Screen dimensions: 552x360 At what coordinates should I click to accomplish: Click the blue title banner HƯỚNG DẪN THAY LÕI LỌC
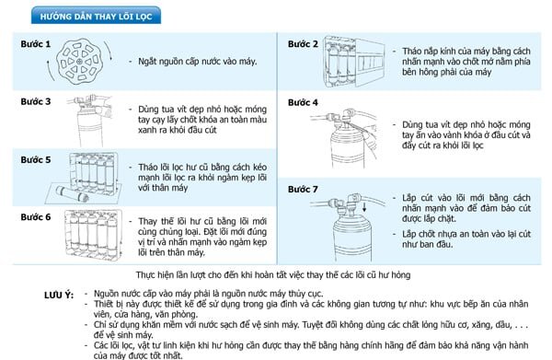96,16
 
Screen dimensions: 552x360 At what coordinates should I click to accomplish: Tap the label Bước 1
36,44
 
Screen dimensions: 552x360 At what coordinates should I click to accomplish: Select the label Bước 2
303,44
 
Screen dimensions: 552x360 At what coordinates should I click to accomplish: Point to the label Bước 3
36,101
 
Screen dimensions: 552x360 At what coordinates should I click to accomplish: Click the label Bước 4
303,102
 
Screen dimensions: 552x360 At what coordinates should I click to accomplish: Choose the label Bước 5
36,159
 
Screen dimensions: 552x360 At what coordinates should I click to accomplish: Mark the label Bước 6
36,217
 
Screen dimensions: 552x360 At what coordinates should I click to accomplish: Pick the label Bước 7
303,189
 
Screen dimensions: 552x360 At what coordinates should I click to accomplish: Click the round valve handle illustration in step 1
79,62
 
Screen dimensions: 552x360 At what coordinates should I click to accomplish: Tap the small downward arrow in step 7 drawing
364,206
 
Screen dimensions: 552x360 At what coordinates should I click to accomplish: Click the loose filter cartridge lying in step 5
72,193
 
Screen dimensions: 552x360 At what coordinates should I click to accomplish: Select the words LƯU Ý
59,295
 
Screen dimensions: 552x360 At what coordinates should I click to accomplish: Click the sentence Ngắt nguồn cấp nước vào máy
197,62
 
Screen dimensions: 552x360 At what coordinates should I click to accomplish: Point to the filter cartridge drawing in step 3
91,121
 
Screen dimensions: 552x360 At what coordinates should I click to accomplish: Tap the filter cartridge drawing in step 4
347,140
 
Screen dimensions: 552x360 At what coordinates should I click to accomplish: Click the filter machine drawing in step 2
354,62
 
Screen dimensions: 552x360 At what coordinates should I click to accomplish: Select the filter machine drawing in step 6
94,235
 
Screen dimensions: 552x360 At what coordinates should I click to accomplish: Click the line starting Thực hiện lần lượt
273,274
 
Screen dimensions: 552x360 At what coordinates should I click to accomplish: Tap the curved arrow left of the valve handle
50,71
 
